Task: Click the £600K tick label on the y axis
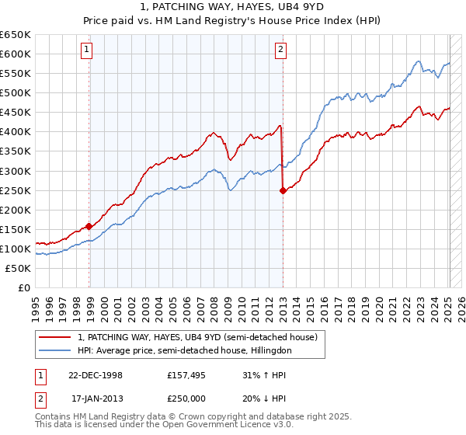pos(16,54)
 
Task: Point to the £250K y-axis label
pos(16,190)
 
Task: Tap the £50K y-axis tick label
pos(19,268)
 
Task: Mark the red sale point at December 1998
pos(89,226)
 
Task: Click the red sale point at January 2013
pos(283,190)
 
